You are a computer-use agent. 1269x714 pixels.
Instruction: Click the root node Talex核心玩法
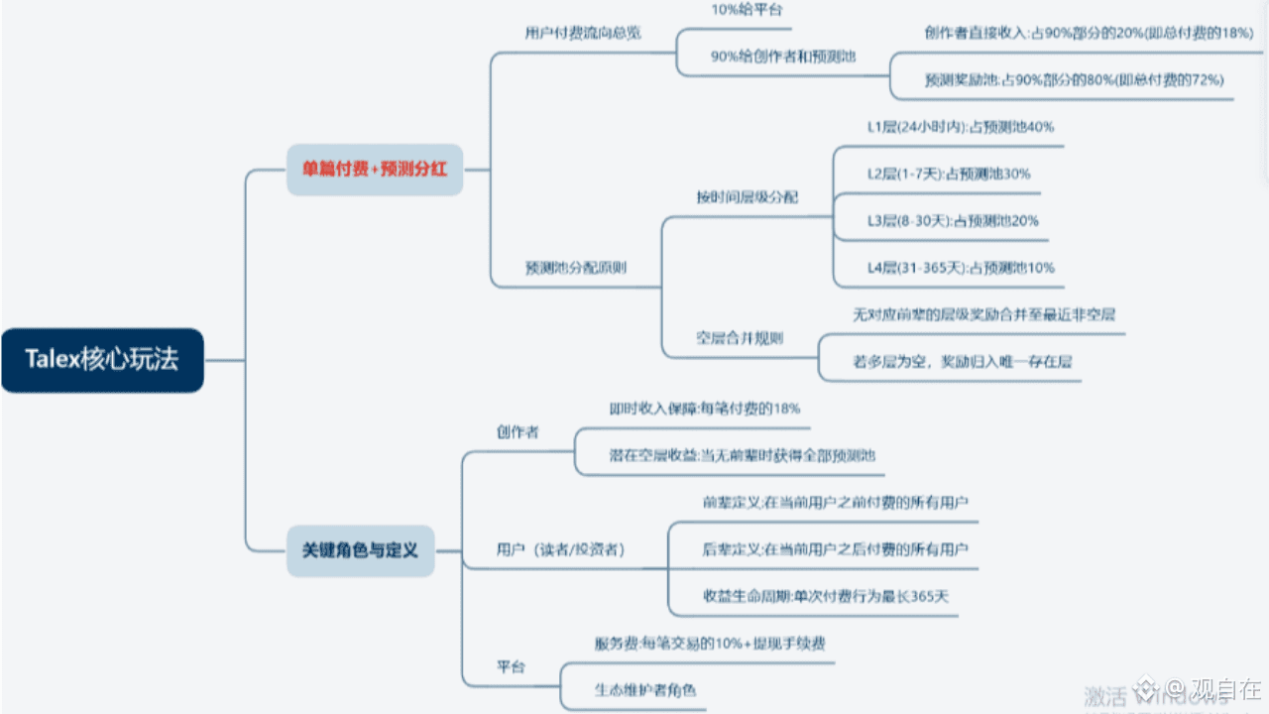[x=102, y=360]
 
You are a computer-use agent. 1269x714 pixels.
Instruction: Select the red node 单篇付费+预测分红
[x=375, y=170]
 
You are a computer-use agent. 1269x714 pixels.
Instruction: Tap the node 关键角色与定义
[x=360, y=550]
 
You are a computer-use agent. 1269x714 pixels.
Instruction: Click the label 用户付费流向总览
[x=583, y=33]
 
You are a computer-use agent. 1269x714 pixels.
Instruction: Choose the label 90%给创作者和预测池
[x=783, y=57]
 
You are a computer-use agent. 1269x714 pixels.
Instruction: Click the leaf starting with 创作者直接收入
[x=1089, y=33]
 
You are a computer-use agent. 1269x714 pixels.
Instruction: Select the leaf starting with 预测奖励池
[x=1074, y=79]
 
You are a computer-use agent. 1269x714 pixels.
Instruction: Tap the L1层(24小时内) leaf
[x=960, y=127]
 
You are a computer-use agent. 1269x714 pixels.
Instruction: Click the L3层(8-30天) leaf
[x=953, y=220]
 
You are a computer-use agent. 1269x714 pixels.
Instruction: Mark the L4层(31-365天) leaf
[x=961, y=267]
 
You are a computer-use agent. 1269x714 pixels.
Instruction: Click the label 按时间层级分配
[x=748, y=196]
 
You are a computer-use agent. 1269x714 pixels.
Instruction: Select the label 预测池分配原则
[x=575, y=267]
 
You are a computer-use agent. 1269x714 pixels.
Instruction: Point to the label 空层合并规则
[x=740, y=338]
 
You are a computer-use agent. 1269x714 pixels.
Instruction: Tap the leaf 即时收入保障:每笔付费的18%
[x=705, y=408]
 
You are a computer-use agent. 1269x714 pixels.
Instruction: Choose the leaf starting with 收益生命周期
[x=827, y=596]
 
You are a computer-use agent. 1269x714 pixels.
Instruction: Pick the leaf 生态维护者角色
[x=645, y=688]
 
